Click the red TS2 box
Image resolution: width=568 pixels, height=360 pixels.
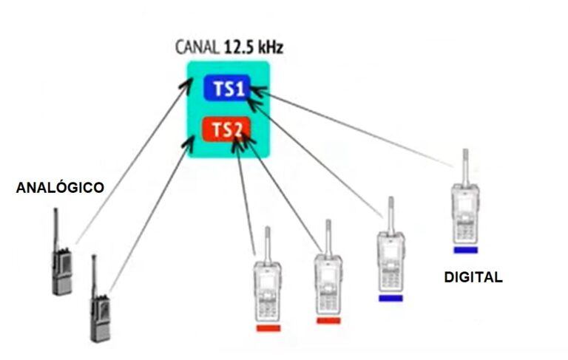tap(226, 130)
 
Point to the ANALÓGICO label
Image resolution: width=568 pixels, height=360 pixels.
tap(60, 188)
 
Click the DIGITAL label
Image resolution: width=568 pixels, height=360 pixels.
tap(473, 278)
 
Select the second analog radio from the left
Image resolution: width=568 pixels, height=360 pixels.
tap(100, 307)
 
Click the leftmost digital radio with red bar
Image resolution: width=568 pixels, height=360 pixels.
tap(267, 288)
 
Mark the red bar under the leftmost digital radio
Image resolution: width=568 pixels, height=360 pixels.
tap(268, 327)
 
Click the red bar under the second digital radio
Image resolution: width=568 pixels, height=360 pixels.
tap(328, 321)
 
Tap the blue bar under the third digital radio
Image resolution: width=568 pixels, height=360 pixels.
tap(390, 298)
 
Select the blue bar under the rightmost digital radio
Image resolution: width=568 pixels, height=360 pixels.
tap(466, 250)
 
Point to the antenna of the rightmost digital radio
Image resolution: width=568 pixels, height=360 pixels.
tap(464, 166)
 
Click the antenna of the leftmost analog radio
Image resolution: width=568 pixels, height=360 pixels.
tap(55, 225)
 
